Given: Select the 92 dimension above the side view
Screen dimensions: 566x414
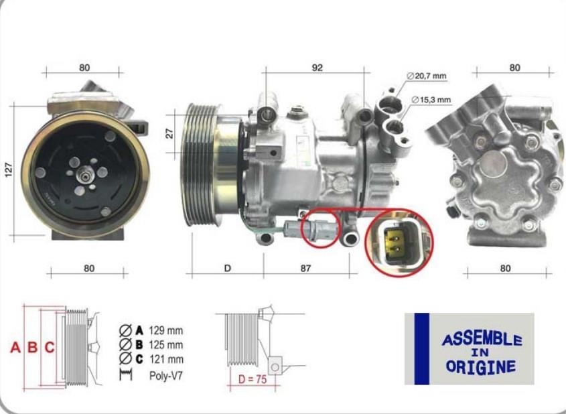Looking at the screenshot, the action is [317, 68].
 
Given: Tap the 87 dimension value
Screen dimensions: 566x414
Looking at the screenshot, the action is [305, 269].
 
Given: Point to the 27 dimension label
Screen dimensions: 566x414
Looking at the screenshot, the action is [169, 133].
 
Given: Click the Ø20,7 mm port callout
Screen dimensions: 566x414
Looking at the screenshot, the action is [426, 76].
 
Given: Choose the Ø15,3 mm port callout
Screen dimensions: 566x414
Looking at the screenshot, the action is [431, 99].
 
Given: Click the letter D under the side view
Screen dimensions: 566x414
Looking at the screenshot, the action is [228, 269].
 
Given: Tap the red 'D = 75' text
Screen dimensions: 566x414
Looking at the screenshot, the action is [253, 379].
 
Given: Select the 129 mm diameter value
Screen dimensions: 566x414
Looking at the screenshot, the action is [166, 330].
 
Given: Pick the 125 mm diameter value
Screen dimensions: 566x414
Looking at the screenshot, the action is [166, 345].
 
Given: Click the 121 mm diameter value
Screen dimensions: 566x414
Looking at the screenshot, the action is [166, 359].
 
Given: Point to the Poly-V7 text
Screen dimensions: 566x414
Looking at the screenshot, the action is [166, 376].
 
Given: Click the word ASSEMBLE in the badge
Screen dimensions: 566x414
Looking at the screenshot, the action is [482, 339].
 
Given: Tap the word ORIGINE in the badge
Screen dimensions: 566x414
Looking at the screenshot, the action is [481, 366].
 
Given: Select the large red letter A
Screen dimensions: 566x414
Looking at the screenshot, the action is [15, 347].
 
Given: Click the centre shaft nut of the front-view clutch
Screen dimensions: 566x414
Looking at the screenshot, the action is [85, 177].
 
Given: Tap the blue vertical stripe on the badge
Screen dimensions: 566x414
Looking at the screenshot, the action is [421, 348].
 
